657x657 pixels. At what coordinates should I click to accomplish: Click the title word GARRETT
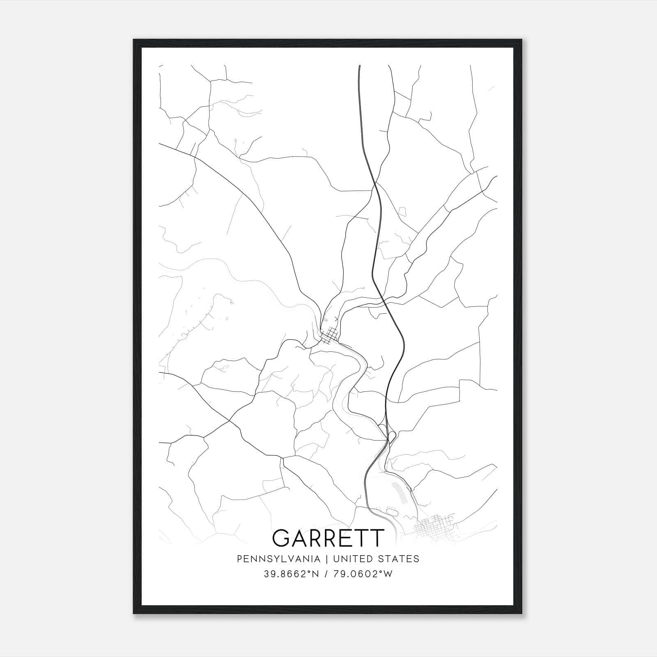[x=328, y=538]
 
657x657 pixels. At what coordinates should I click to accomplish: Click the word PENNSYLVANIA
[x=278, y=558]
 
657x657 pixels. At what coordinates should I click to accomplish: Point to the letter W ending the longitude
[x=388, y=574]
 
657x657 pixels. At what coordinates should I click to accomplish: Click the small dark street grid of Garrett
[x=330, y=335]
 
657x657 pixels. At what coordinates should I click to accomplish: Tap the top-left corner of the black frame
[x=134, y=40]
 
